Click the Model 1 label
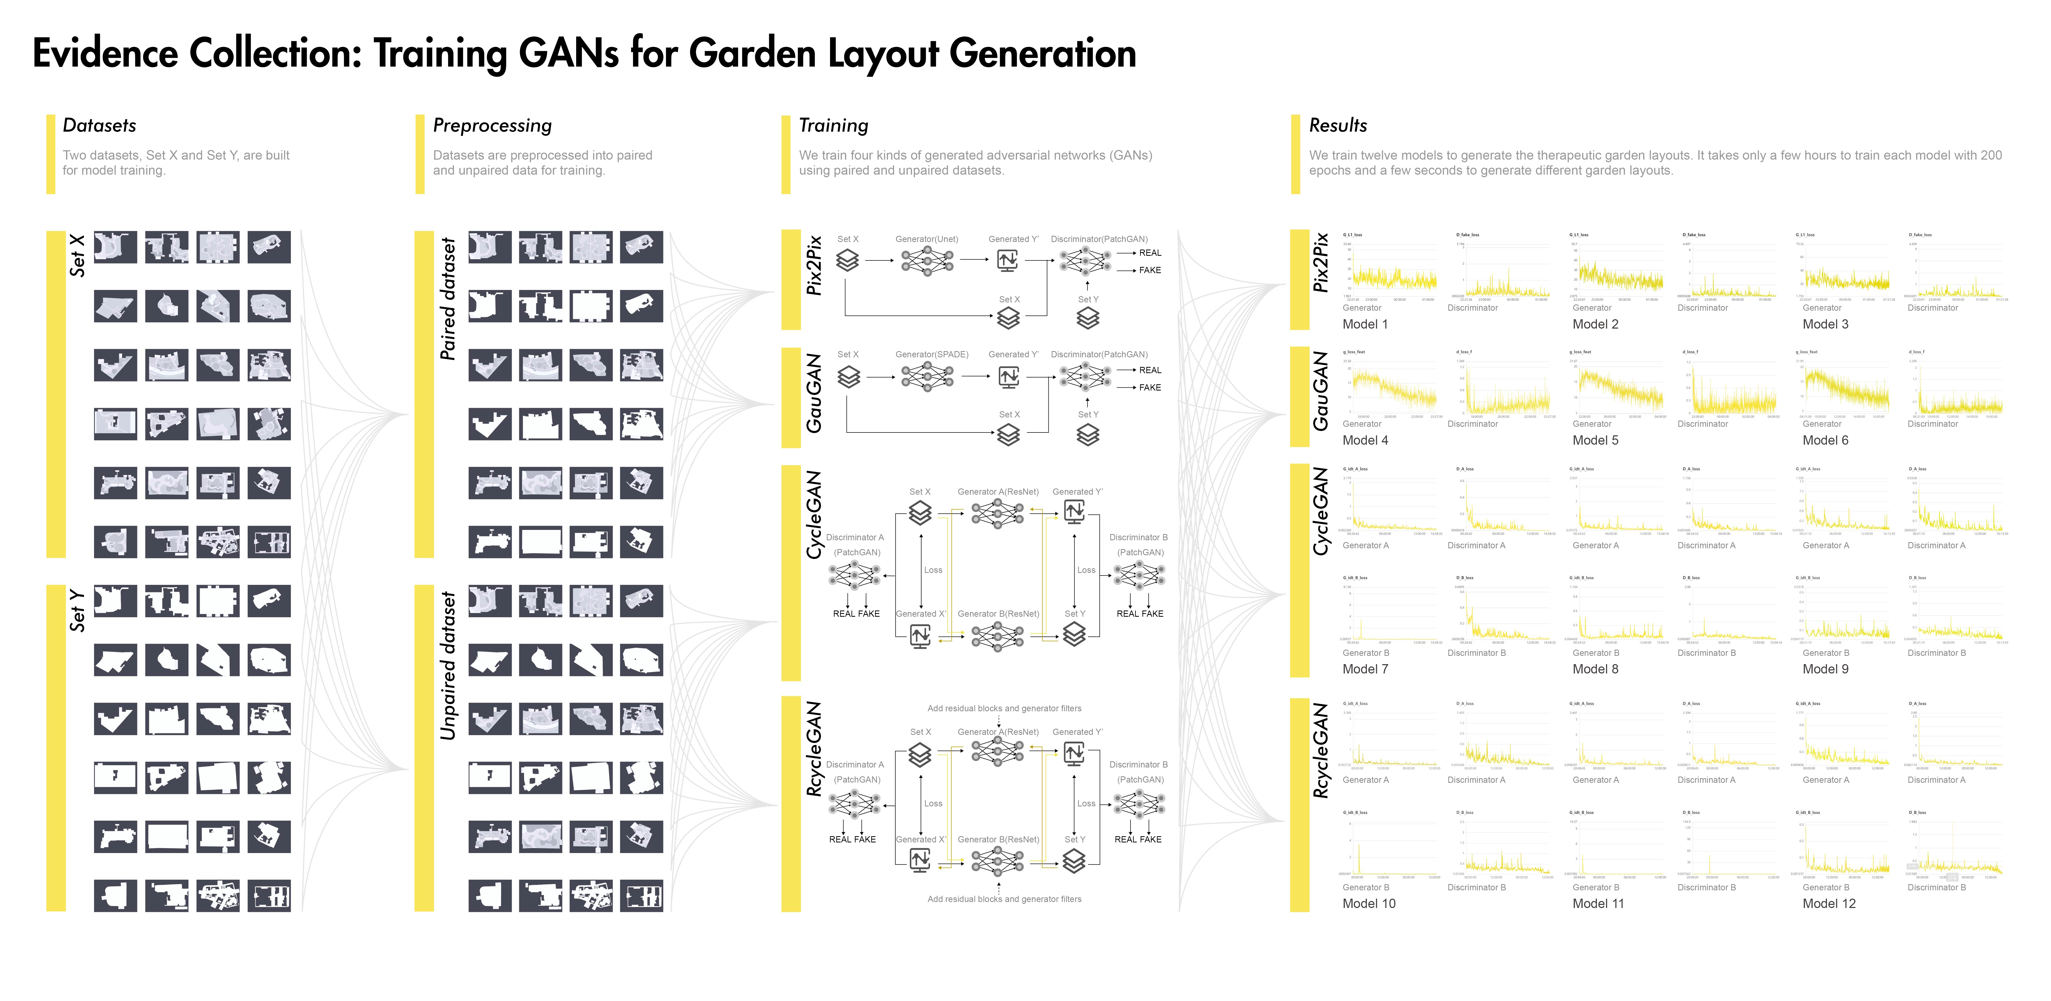coord(1365,324)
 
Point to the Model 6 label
coord(1825,440)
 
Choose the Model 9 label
coord(1825,669)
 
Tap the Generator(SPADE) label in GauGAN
coord(932,354)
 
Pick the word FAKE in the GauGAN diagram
coord(1150,388)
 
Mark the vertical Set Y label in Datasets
coord(77,611)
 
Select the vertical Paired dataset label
coord(448,299)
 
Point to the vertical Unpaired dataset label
coord(448,665)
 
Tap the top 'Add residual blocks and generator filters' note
coord(1004,708)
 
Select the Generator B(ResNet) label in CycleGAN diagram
coord(998,614)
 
